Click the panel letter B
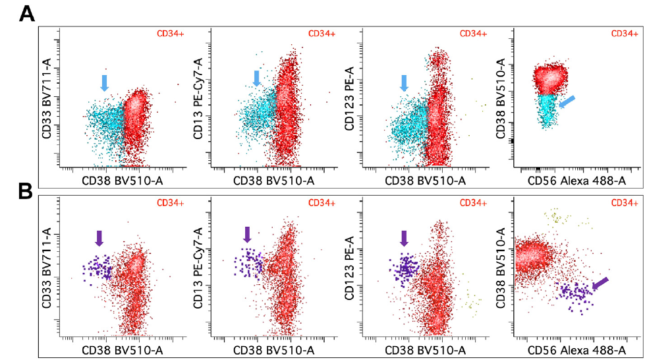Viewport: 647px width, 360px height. pyautogui.click(x=26, y=191)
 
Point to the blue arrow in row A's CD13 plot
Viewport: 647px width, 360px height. pyautogui.click(x=257, y=78)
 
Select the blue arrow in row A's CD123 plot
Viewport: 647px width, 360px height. pyautogui.click(x=404, y=82)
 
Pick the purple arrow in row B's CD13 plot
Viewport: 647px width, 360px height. pyautogui.click(x=248, y=233)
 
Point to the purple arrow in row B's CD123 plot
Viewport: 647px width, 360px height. pyautogui.click(x=404, y=237)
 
